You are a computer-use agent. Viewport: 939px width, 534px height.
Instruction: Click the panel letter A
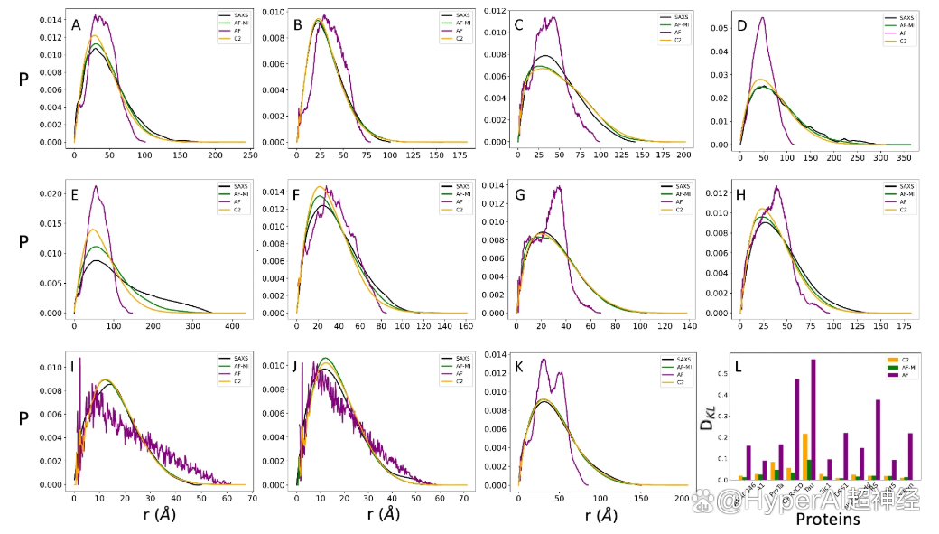[77, 24]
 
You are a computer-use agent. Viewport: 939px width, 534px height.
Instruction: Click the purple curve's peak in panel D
[763, 17]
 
